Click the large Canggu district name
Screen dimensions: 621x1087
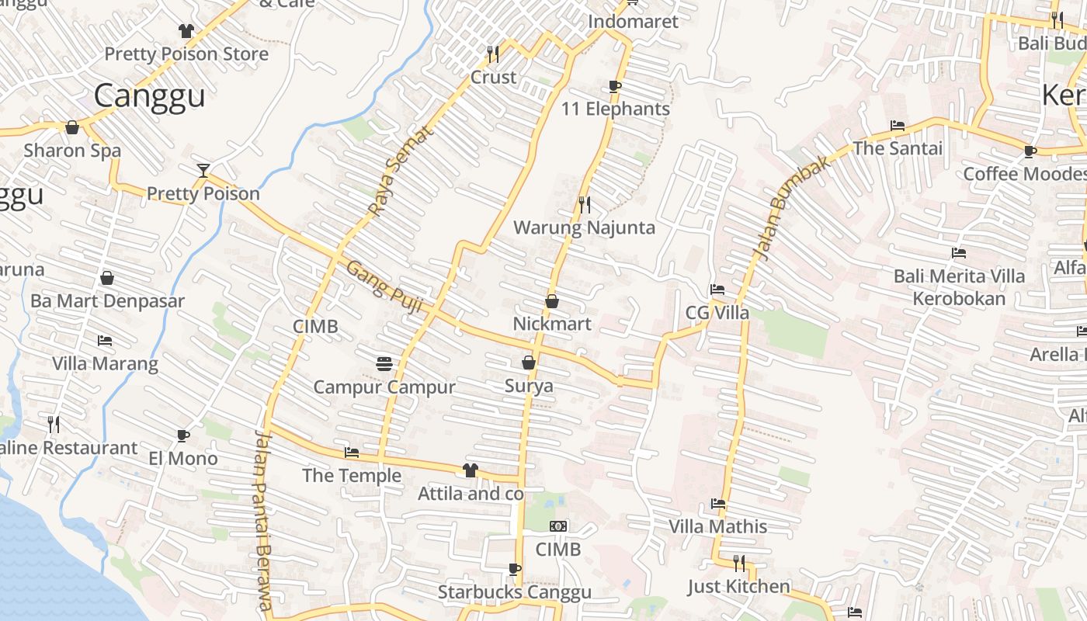pos(149,95)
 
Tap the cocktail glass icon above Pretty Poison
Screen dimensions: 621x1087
pos(203,170)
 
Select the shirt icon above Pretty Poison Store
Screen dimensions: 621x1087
pos(186,31)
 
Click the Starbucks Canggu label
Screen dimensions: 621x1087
pos(514,592)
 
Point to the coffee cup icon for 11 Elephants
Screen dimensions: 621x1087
pos(615,86)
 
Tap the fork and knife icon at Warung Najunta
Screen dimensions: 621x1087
pos(585,204)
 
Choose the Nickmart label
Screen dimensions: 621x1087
pos(552,324)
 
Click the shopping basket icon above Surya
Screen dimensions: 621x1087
pos(529,363)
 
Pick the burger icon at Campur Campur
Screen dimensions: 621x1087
pos(384,363)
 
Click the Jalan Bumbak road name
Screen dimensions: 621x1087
pos(783,211)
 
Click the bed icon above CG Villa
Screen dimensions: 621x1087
pos(717,290)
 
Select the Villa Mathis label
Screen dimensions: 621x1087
pos(717,526)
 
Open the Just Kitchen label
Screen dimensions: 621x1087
pos(738,587)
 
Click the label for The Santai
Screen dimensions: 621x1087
pos(898,148)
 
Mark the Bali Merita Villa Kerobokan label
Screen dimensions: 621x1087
pos(959,287)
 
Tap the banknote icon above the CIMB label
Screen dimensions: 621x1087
pos(558,526)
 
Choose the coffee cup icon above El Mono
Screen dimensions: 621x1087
pos(183,435)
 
